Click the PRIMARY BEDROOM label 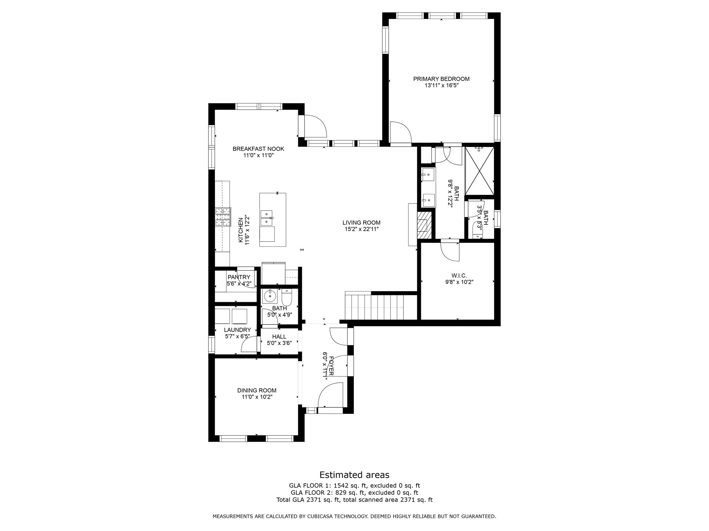tap(441, 79)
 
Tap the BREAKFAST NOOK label tap(258, 149)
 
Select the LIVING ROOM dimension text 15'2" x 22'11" tap(361, 229)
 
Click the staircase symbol tap(376, 307)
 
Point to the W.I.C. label tap(459, 276)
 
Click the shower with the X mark tap(479, 171)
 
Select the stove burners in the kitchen tap(223, 217)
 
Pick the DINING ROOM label tap(257, 390)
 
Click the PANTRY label tap(239, 277)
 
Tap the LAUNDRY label tap(237, 330)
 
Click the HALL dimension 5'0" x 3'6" tap(279, 343)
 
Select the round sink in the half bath tap(269, 296)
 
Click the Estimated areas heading tap(354, 475)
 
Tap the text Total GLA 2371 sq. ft tap(309, 500)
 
